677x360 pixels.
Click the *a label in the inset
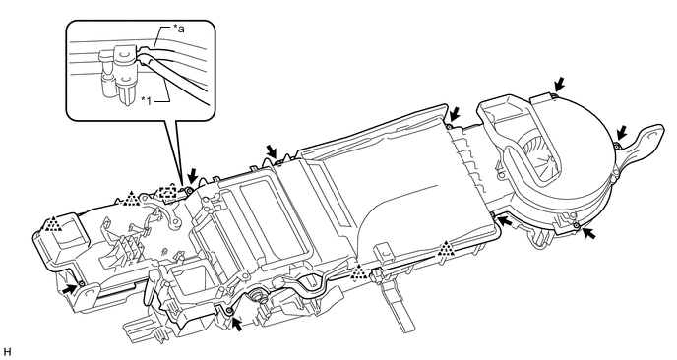pos(178,29)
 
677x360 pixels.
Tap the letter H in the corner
pos(6,352)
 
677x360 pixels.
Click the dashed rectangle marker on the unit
pos(166,192)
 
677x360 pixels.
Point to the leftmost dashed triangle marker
pos(53,223)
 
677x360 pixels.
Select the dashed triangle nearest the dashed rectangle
pos(131,199)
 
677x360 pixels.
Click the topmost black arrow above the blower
pos(559,84)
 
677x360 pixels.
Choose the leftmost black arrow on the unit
pos(68,289)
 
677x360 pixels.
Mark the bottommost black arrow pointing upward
pos(236,324)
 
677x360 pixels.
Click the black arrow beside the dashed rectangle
pos(193,176)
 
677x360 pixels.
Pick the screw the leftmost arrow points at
pos(81,283)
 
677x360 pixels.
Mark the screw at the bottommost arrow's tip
pos(229,312)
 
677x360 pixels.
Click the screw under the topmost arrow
pos(553,95)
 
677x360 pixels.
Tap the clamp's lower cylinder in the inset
pos(126,90)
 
